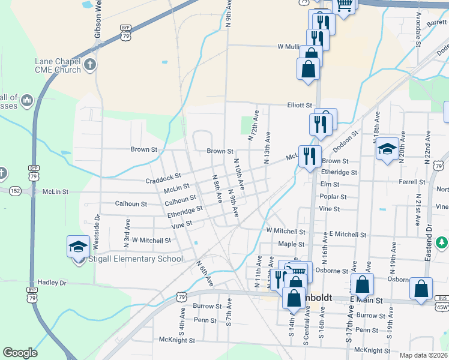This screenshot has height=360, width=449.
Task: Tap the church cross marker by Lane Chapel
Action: tap(91, 64)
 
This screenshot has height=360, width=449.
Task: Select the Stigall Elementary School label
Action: tap(138, 259)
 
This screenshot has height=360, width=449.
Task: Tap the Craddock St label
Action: tap(163, 179)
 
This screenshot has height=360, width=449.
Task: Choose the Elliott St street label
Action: tap(300, 105)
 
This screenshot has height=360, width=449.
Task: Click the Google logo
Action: tap(20, 353)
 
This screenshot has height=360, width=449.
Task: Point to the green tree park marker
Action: tap(442, 242)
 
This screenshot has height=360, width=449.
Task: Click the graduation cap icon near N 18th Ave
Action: tap(387, 149)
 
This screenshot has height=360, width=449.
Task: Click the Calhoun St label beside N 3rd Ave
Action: tap(131, 204)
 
